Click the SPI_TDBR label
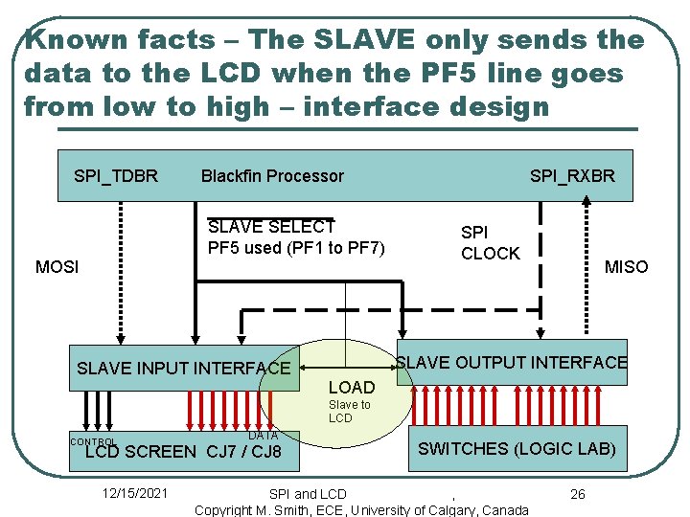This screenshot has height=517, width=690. [116, 176]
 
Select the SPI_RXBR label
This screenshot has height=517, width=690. [572, 176]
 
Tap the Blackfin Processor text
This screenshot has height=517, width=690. [272, 176]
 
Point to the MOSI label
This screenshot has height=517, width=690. [57, 266]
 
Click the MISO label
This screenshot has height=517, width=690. [626, 267]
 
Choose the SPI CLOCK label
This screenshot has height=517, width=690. [490, 243]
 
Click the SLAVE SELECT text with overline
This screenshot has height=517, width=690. [270, 227]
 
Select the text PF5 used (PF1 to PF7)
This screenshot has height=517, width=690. [296, 249]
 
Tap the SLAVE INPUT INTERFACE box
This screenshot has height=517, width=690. [183, 368]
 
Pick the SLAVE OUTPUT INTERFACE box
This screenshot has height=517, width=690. [512, 362]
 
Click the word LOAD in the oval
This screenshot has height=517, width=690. [352, 388]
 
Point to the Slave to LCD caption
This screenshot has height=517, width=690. [349, 412]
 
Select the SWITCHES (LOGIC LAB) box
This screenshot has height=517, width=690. [517, 448]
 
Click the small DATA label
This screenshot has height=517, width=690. [263, 436]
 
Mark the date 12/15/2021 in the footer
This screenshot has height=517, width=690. [134, 494]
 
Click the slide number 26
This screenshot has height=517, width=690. [577, 494]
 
